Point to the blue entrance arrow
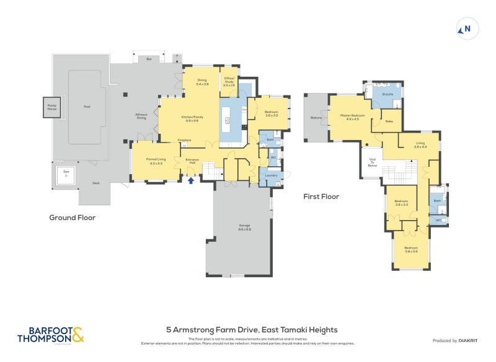(191, 180)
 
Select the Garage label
(244, 227)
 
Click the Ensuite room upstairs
(388, 95)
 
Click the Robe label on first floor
(389, 122)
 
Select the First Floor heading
(321, 196)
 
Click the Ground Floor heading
(72, 218)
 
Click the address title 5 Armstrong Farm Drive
(251, 330)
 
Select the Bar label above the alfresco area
(149, 59)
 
